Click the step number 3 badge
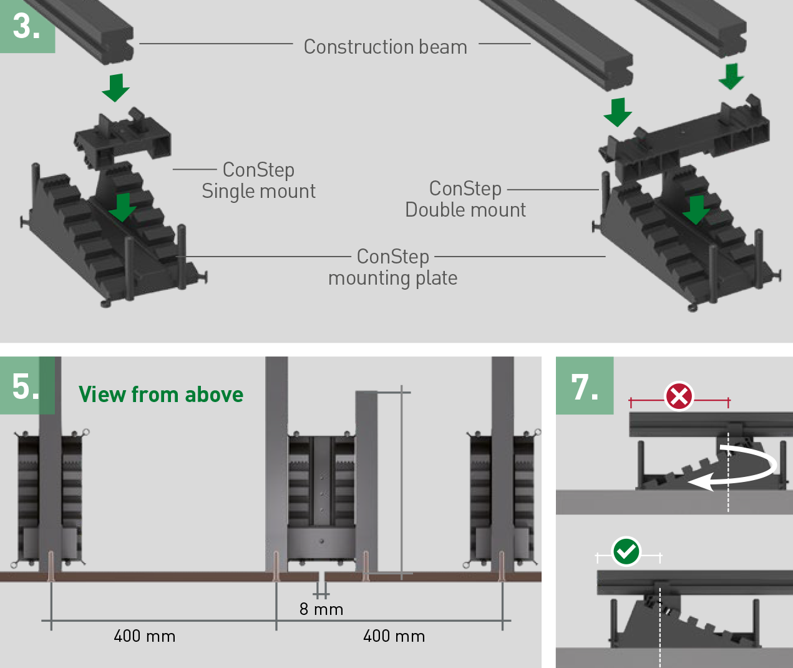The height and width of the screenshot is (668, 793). click(26, 26)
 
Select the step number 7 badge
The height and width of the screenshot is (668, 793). click(585, 386)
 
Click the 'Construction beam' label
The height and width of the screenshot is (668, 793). click(385, 47)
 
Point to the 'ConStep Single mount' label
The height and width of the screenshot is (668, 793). click(258, 180)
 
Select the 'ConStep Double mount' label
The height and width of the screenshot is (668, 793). click(465, 199)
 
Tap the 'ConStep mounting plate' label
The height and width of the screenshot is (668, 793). click(392, 267)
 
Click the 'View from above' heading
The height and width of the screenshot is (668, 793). click(161, 395)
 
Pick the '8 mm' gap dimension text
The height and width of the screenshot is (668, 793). click(321, 609)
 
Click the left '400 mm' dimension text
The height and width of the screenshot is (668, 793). click(145, 636)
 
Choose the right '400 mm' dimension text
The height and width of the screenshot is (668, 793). click(394, 636)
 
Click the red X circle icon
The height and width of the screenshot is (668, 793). click(679, 396)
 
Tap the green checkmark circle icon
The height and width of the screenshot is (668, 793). click(626, 552)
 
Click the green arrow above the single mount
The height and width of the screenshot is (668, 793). click(115, 87)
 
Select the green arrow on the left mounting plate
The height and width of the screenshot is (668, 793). click(122, 207)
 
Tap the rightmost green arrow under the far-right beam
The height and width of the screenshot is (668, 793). click(731, 76)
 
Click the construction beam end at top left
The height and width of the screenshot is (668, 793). click(94, 31)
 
